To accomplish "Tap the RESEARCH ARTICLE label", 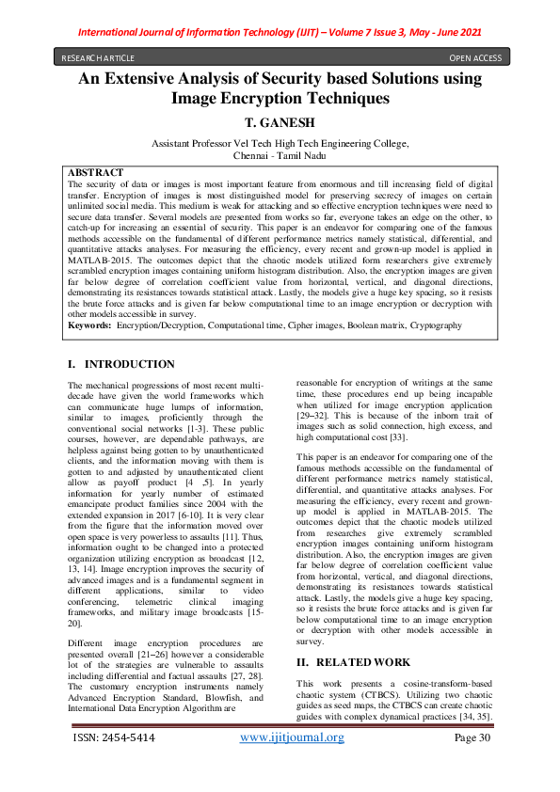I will [x=98, y=57].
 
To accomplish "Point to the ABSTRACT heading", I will [x=96, y=173].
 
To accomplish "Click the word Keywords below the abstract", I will [x=89, y=325].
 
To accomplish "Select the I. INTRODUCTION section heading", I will [x=121, y=364].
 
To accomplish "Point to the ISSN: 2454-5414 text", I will [x=115, y=764].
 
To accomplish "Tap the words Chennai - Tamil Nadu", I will [x=280, y=155].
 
